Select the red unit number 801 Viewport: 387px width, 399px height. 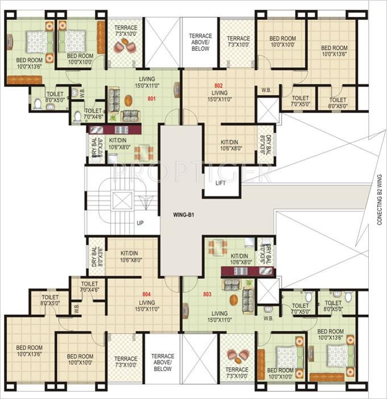coord(151,98)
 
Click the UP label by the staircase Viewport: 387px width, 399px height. coord(140,223)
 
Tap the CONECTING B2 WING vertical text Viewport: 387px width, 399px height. coord(380,200)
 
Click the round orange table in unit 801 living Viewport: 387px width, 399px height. coord(132,102)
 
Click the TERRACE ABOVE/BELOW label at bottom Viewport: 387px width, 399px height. coord(163,362)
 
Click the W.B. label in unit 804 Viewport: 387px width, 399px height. coord(77,308)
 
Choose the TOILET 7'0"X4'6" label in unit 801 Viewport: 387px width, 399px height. coord(93,114)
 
